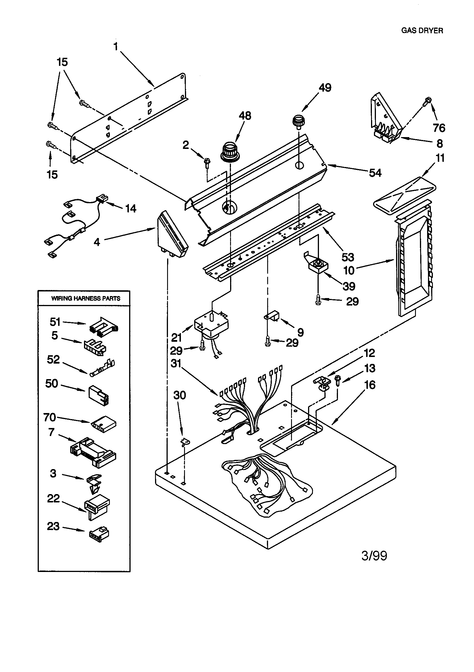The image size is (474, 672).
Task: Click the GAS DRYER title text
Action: (422, 30)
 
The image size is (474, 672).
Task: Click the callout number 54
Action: (375, 173)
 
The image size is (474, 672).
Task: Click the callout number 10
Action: (349, 270)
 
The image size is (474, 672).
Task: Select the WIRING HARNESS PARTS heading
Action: (85, 299)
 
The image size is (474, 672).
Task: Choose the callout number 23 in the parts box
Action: (53, 526)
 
